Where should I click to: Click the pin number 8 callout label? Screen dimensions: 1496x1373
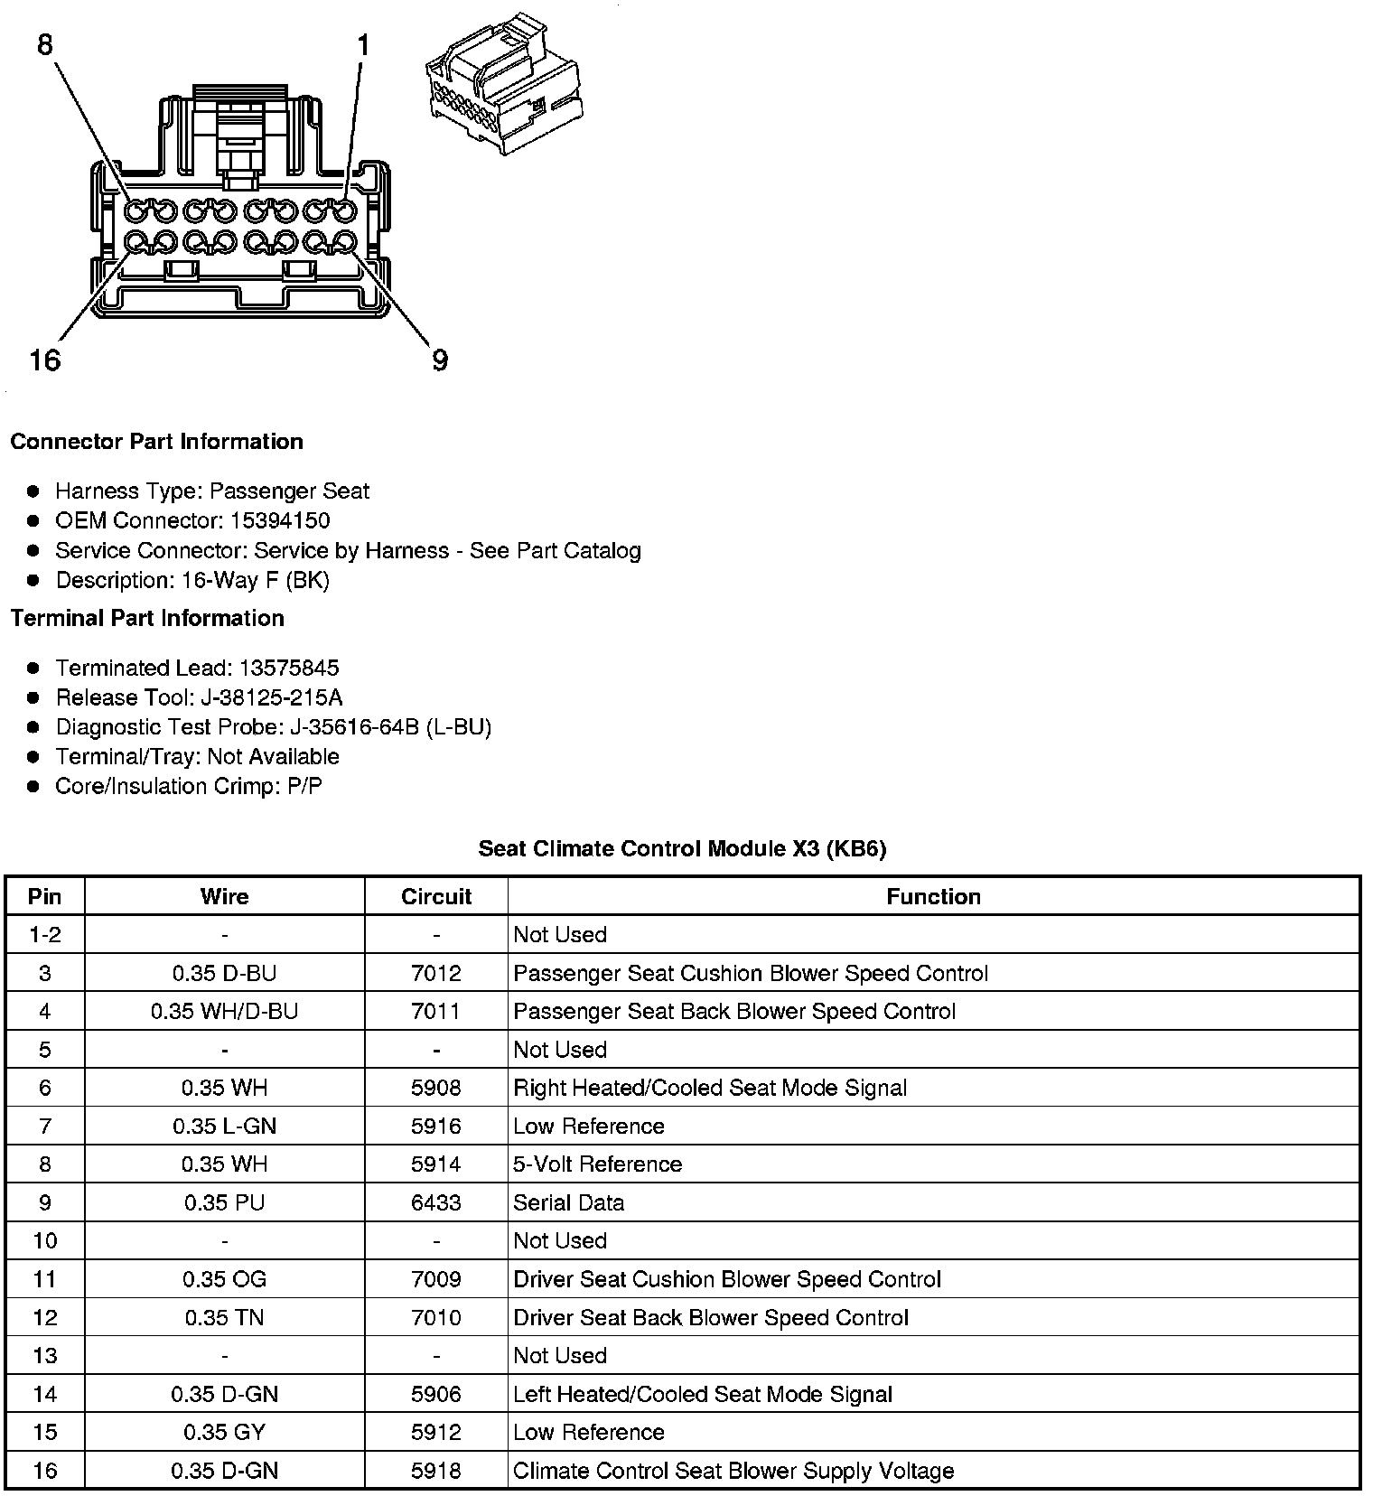point(45,44)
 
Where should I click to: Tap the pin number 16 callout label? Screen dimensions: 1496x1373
point(44,360)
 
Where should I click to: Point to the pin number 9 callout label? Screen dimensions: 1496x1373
point(440,360)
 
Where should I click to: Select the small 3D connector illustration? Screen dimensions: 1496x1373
point(501,83)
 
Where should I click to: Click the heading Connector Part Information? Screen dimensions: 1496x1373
point(156,442)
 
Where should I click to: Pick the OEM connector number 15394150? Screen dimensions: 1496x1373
point(280,520)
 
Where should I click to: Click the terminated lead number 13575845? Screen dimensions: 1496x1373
point(289,668)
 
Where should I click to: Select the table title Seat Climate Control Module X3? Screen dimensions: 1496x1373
point(682,848)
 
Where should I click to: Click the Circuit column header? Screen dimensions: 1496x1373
point(436,896)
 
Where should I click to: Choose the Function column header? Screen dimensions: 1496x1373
point(933,896)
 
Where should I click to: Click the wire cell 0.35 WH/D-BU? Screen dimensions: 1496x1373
point(224,1011)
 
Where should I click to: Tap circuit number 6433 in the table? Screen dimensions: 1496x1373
point(436,1202)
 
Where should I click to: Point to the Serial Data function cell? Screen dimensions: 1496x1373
point(568,1202)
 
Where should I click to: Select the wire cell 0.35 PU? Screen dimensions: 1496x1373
point(224,1202)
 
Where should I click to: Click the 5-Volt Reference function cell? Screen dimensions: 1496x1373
point(597,1164)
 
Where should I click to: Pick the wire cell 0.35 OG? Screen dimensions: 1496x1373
point(224,1279)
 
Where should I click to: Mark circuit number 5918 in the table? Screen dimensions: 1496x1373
point(436,1471)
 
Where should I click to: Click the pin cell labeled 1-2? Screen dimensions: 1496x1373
point(45,934)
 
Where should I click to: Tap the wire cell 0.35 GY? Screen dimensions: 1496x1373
point(224,1432)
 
